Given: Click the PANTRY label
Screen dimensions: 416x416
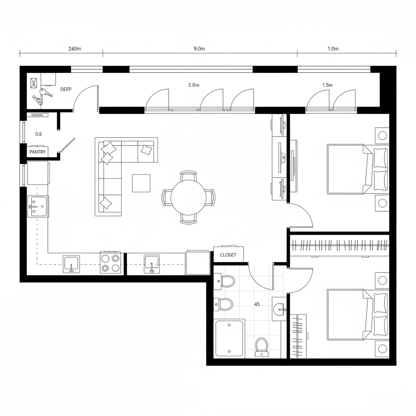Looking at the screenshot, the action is click(x=37, y=152).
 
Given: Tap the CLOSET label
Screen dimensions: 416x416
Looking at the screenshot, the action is click(x=228, y=255).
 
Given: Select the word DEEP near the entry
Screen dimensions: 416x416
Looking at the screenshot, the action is click(x=66, y=89).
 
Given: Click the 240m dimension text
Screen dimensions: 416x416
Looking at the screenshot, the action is click(x=75, y=49).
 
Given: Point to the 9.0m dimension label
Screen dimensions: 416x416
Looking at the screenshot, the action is click(x=199, y=49).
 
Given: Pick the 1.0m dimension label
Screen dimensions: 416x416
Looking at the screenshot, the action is click(x=333, y=49).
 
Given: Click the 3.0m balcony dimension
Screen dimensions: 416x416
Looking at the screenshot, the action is click(x=194, y=85).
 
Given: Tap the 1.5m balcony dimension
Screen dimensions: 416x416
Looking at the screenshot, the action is click(x=327, y=85).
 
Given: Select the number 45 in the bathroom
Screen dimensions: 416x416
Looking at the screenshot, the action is click(x=257, y=304).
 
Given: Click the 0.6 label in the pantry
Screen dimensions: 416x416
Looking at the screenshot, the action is click(x=39, y=134).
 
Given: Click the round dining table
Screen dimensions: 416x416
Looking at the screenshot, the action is click(x=188, y=197).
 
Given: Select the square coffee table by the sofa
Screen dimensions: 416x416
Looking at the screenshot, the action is click(x=141, y=183).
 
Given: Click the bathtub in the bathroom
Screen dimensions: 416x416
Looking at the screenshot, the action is click(x=229, y=339).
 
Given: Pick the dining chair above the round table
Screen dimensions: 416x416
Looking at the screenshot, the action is click(x=188, y=175).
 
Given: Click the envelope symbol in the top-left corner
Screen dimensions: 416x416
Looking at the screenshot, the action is click(x=34, y=83).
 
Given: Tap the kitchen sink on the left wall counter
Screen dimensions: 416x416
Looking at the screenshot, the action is click(x=38, y=207).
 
